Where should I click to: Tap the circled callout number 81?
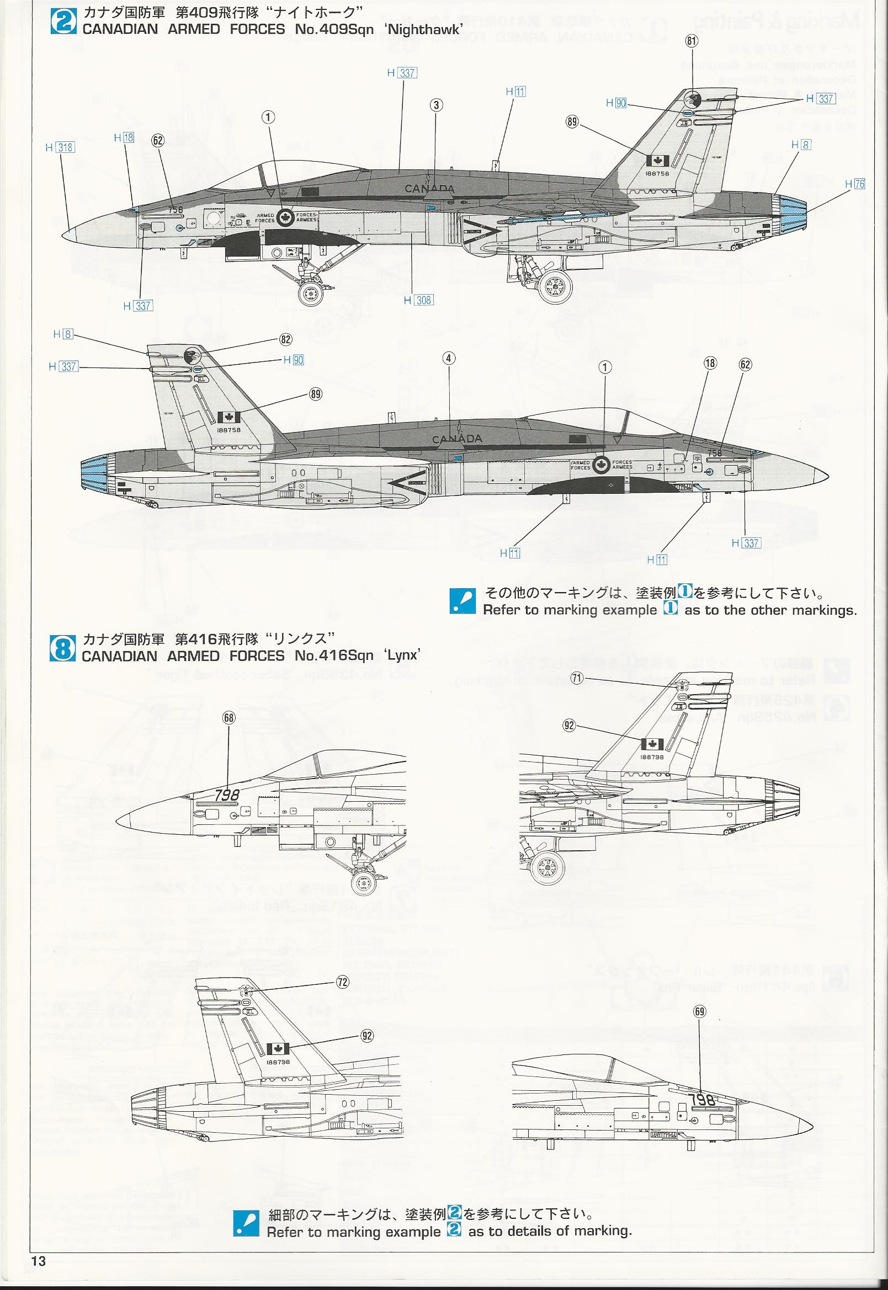tap(692, 41)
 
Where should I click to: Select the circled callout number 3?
tap(436, 105)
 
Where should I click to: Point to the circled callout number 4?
tap(449, 358)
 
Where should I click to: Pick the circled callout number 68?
tap(228, 718)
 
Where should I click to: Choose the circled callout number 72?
tap(342, 982)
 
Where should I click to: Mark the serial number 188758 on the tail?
tap(229, 429)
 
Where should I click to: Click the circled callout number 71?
tap(577, 678)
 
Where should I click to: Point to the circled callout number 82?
tap(286, 339)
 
